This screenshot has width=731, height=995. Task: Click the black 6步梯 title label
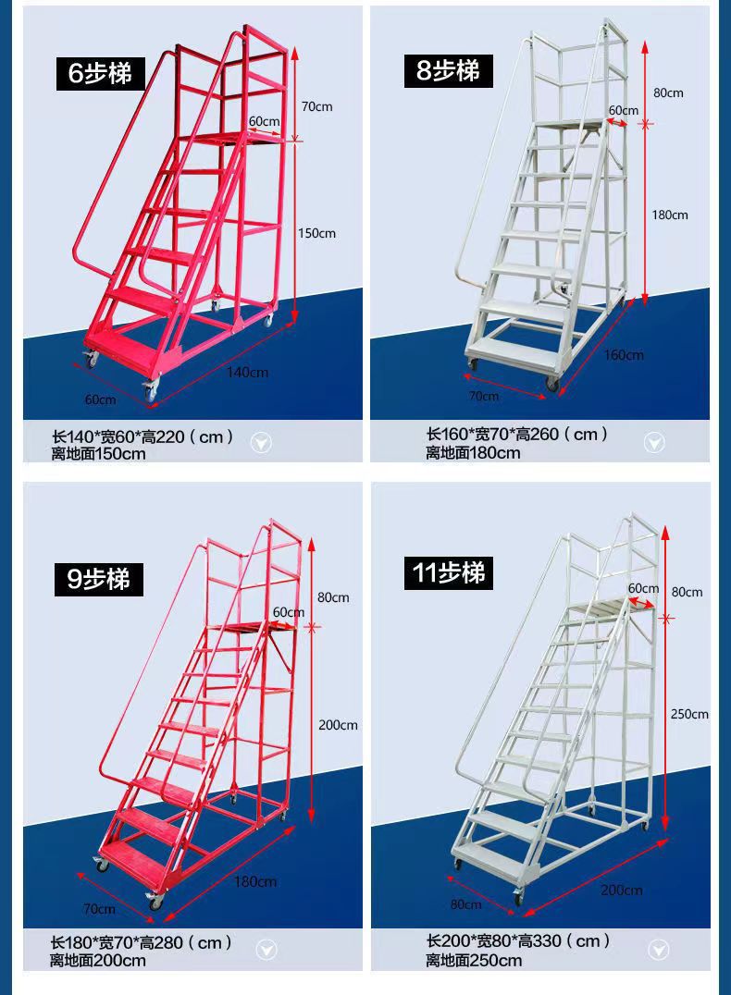pyautogui.click(x=100, y=74)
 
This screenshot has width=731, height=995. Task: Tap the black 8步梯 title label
pyautogui.click(x=449, y=70)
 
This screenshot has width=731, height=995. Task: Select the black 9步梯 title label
pyautogui.click(x=98, y=579)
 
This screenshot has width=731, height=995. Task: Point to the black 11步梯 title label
pyautogui.click(x=449, y=572)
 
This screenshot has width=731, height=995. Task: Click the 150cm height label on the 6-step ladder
pyautogui.click(x=316, y=234)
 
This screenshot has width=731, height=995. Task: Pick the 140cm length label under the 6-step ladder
pyautogui.click(x=248, y=373)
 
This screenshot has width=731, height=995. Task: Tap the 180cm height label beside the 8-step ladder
pyautogui.click(x=669, y=215)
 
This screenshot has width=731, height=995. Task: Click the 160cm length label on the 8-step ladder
pyautogui.click(x=624, y=355)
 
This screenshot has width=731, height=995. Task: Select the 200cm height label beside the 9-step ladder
pyautogui.click(x=338, y=725)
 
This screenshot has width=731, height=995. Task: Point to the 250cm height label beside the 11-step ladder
pyautogui.click(x=689, y=715)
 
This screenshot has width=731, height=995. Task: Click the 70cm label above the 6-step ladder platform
pyautogui.click(x=316, y=106)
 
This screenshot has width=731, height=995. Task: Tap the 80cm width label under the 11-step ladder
pyautogui.click(x=465, y=904)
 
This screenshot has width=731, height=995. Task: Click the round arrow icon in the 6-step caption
pyautogui.click(x=261, y=442)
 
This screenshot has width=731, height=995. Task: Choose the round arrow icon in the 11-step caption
pyautogui.click(x=659, y=950)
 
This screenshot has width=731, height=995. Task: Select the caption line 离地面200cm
pyautogui.click(x=98, y=961)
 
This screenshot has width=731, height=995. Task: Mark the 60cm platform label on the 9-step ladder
pyautogui.click(x=289, y=612)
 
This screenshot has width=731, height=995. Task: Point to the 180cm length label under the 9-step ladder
pyautogui.click(x=255, y=881)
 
